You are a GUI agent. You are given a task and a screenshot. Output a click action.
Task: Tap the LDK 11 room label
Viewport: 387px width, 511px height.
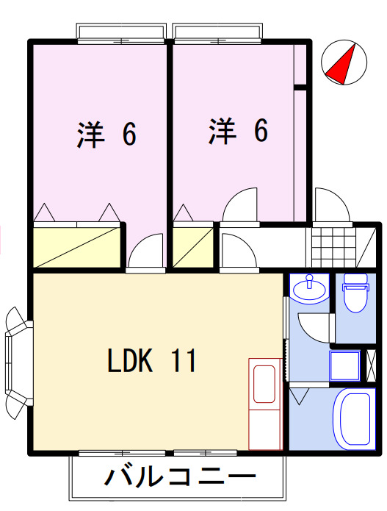(x=151, y=361)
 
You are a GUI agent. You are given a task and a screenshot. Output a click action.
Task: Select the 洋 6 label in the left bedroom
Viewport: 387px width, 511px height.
(x=107, y=135)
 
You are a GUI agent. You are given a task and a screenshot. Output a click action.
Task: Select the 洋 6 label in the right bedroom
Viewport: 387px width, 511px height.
(x=237, y=131)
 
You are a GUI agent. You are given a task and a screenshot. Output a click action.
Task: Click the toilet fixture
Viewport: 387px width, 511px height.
(x=355, y=294)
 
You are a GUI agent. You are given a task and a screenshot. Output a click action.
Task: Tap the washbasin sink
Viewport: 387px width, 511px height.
(x=309, y=289)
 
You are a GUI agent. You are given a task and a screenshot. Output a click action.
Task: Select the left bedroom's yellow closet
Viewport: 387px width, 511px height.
(x=76, y=246)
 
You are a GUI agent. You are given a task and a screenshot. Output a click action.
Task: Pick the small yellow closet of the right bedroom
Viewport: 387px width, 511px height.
(x=192, y=246)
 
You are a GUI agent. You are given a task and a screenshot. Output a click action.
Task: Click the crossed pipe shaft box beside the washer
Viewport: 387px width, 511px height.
(x=372, y=365)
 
